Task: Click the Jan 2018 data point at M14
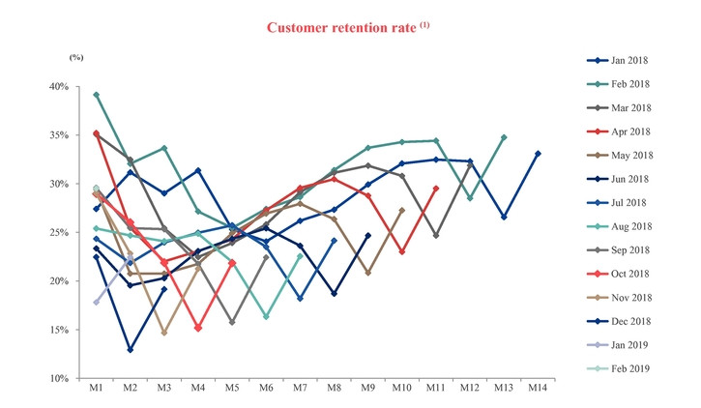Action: (x=538, y=154)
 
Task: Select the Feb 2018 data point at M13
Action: (x=504, y=137)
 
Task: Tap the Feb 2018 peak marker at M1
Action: (x=96, y=95)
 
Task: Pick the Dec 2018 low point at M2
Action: (x=130, y=349)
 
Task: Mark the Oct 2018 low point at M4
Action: (x=197, y=328)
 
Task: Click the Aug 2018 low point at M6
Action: (x=266, y=316)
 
